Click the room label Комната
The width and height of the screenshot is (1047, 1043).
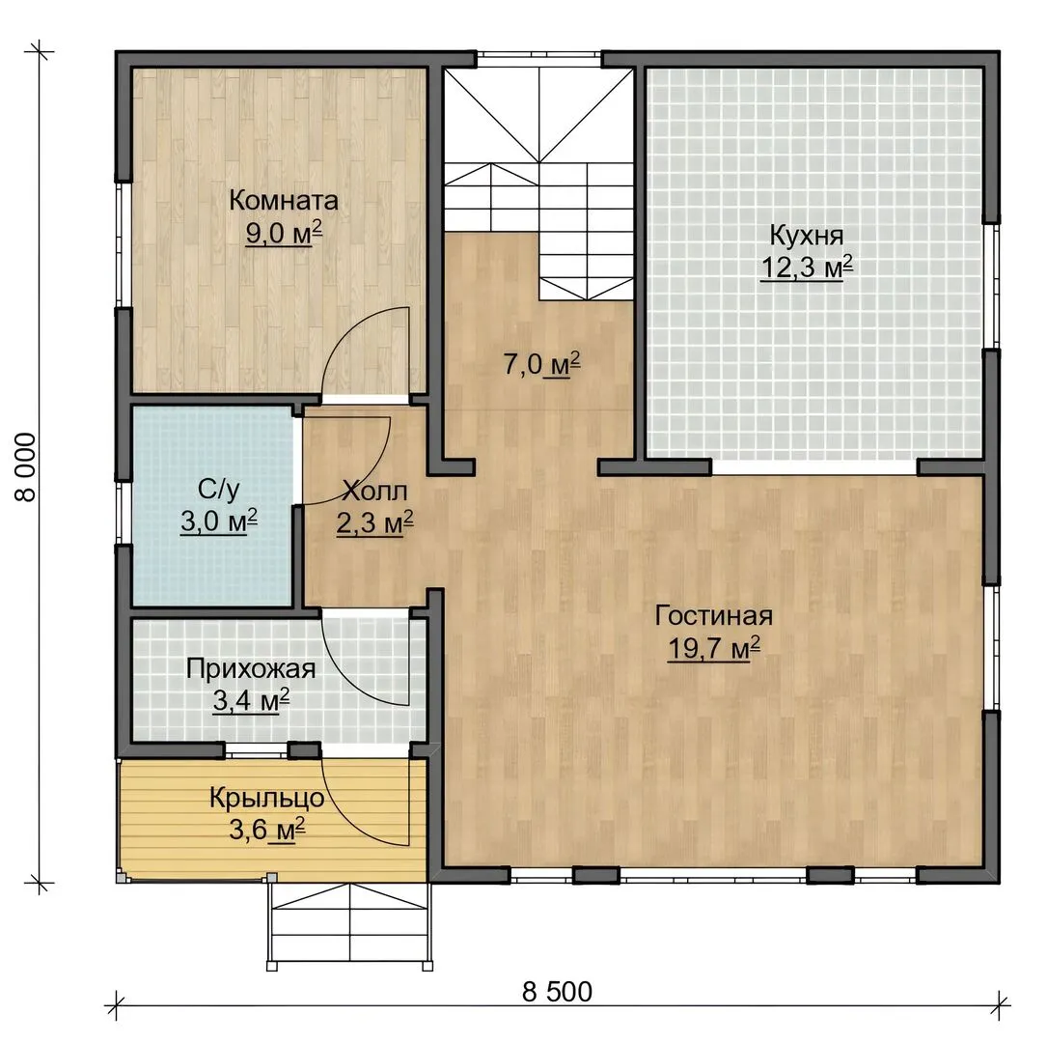284,201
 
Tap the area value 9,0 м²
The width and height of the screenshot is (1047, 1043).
284,233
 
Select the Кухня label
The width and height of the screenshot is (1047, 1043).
807,236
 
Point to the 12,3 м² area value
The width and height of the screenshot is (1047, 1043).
807,268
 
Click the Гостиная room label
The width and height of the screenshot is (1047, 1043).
714,615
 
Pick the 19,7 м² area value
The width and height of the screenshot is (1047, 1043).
714,647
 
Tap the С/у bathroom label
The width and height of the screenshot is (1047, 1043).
218,490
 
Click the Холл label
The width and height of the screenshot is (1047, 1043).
374,492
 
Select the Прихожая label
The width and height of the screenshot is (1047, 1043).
251,669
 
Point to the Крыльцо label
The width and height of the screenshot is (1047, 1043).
267,799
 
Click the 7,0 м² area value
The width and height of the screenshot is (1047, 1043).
541,365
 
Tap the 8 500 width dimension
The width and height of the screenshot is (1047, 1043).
557,992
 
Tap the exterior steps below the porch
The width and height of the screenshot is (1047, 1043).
350,924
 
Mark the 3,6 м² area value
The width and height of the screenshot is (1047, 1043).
267,831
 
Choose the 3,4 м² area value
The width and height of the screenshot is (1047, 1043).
251,701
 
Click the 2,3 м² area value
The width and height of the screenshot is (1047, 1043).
374,523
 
